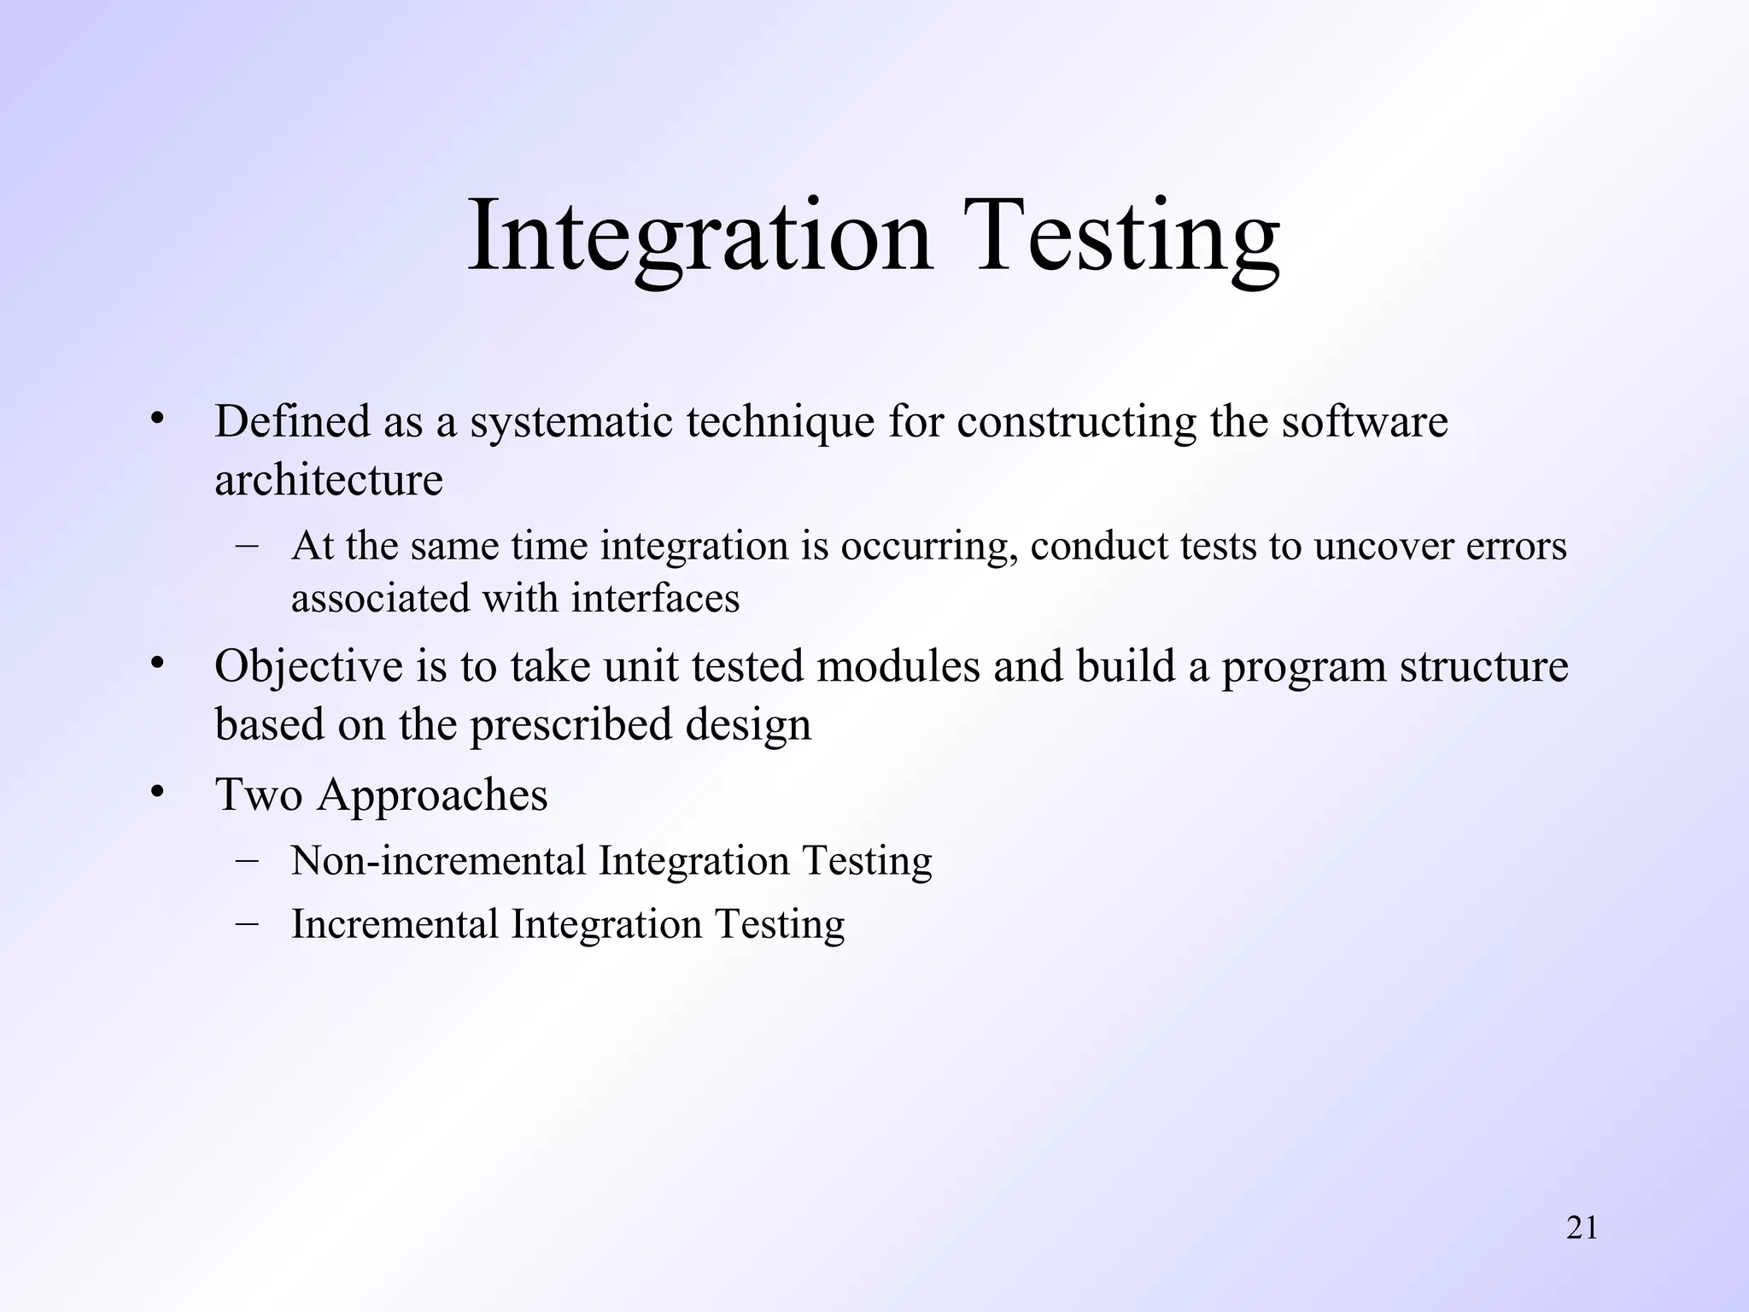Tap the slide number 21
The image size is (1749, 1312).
[1582, 1228]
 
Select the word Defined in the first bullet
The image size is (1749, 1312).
[292, 421]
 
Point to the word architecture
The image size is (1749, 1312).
[329, 479]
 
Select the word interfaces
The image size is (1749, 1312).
[655, 597]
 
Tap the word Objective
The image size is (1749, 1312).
[308, 667]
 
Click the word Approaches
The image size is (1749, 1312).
[433, 795]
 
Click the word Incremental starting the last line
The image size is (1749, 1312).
[395, 924]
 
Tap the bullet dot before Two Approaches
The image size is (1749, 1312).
[156, 792]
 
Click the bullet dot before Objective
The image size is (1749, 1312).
[156, 664]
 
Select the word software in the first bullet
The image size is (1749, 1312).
[1365, 421]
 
